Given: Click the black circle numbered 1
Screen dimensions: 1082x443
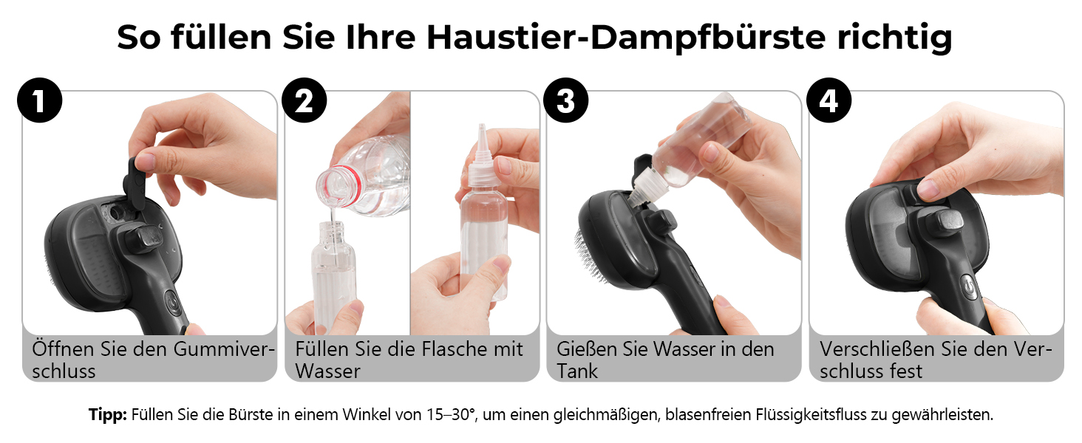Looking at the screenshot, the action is (40, 100).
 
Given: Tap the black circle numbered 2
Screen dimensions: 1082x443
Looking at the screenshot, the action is (304, 100).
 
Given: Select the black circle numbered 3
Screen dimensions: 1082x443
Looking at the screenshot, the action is (565, 100).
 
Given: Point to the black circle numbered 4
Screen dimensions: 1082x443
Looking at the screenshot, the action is (829, 100).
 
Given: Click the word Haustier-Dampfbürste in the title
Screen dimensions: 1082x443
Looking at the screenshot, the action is (626, 38).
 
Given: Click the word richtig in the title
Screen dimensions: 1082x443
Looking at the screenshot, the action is (894, 38).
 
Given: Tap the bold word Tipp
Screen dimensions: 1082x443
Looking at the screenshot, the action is (107, 414).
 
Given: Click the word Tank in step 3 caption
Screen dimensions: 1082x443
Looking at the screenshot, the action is (577, 371).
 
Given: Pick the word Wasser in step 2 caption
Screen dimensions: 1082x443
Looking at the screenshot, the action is (328, 371).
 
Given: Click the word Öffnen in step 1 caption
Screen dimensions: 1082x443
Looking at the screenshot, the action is (64, 348).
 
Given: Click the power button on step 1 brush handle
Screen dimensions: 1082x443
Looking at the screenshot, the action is (173, 303).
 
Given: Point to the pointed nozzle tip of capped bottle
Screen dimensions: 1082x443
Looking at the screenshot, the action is (482, 127).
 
